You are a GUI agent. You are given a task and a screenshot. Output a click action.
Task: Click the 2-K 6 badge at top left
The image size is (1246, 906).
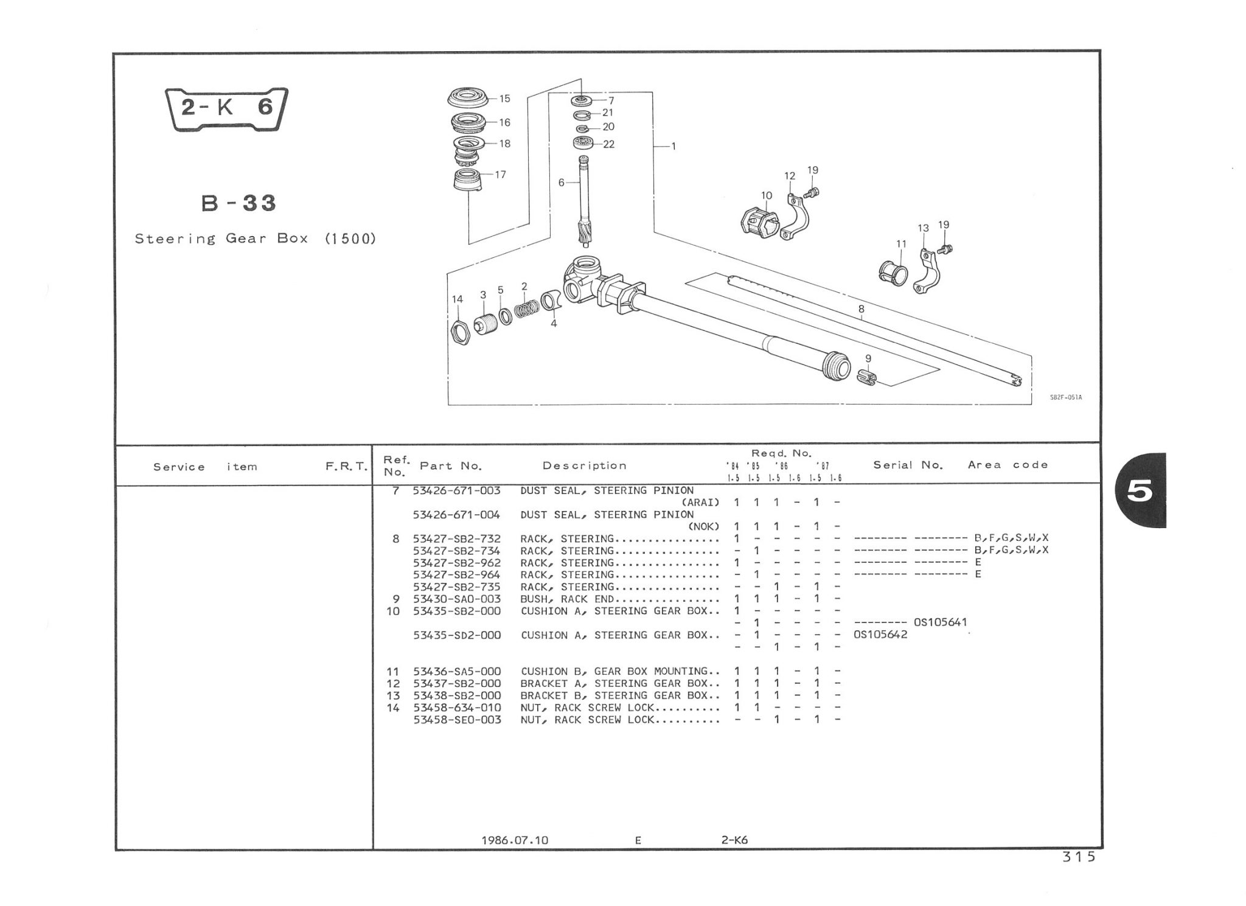pyautogui.click(x=226, y=109)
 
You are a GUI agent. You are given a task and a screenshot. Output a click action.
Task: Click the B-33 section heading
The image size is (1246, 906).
pyautogui.click(x=239, y=203)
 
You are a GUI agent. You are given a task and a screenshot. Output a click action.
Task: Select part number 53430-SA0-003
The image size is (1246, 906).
pyautogui.click(x=457, y=599)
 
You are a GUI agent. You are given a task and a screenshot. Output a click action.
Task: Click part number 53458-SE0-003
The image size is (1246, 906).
pyautogui.click(x=457, y=719)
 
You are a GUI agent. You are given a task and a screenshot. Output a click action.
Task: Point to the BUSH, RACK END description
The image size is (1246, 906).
pyautogui.click(x=567, y=599)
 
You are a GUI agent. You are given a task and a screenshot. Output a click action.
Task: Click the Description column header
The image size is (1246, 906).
pyautogui.click(x=584, y=466)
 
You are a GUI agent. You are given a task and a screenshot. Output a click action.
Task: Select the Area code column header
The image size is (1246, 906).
pyautogui.click(x=1008, y=465)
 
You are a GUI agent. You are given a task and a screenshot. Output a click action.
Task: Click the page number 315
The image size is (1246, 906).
pyautogui.click(x=1079, y=857)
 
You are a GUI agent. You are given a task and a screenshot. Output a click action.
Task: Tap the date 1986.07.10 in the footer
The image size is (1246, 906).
pyautogui.click(x=515, y=840)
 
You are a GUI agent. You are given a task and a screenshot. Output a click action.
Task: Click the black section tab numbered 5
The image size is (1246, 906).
pyautogui.click(x=1141, y=490)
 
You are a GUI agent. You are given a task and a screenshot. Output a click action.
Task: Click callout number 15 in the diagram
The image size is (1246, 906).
pyautogui.click(x=504, y=99)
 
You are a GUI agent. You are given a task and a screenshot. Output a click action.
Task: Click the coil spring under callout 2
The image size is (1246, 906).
pyautogui.click(x=526, y=308)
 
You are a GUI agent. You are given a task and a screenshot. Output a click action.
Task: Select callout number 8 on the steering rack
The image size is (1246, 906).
pyautogui.click(x=861, y=309)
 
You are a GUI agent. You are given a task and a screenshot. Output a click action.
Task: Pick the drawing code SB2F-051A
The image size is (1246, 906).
pyautogui.click(x=1066, y=398)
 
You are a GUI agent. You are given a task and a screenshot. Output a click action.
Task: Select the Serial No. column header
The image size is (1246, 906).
pyautogui.click(x=908, y=465)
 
